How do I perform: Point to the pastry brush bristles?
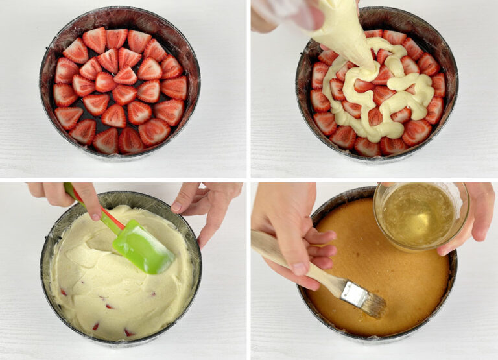[373, 304]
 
